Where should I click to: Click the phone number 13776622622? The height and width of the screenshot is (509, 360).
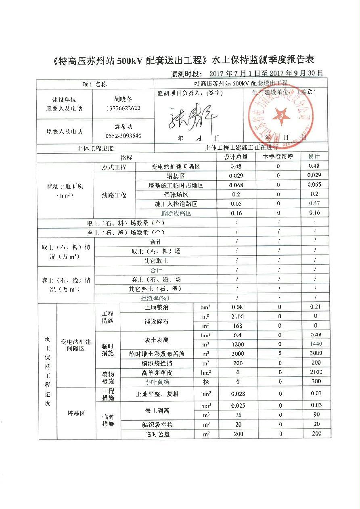[123, 108]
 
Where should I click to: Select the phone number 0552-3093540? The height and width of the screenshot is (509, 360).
[123, 136]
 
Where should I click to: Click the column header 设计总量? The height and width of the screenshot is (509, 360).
[236, 157]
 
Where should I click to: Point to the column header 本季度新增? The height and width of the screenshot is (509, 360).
[278, 157]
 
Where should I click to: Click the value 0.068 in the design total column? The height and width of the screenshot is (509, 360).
[236, 185]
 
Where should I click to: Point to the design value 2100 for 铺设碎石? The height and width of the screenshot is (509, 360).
[238, 317]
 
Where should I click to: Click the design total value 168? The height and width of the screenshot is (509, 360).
[238, 326]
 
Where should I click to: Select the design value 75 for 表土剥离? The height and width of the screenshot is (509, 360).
[238, 415]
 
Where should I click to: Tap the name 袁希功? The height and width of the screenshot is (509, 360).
[123, 127]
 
